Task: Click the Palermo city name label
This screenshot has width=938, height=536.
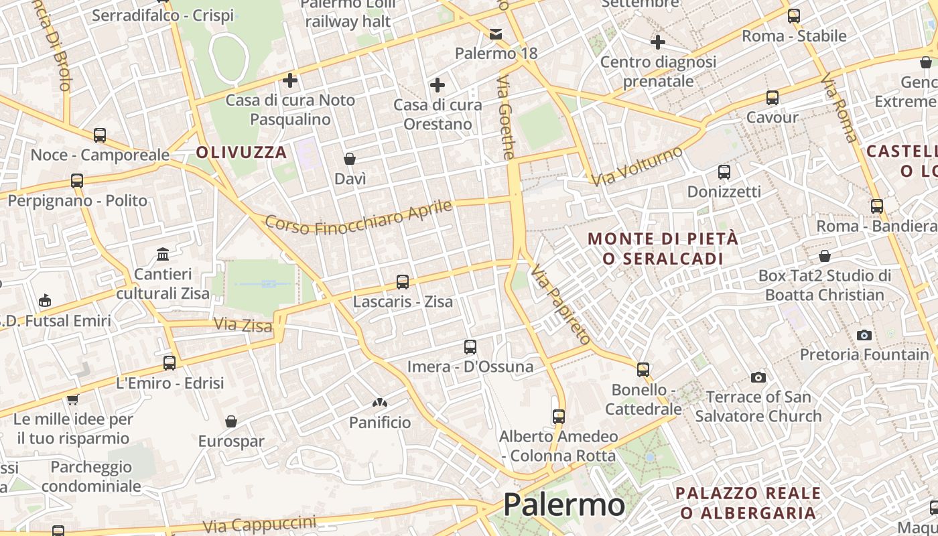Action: tap(563, 505)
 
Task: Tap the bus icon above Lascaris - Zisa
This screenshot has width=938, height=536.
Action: tap(403, 282)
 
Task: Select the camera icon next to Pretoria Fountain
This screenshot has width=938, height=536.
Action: tap(864, 335)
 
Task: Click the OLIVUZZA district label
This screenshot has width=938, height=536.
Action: tap(241, 153)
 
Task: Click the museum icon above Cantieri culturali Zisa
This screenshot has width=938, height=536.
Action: tap(162, 255)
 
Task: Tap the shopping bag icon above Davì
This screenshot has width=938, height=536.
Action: tap(350, 159)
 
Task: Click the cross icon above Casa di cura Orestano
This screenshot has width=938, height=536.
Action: tap(438, 85)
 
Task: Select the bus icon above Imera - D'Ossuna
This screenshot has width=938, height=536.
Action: tap(470, 347)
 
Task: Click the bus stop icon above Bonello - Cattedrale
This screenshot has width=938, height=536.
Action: tap(643, 369)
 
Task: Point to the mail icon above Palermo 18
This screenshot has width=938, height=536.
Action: tap(496, 34)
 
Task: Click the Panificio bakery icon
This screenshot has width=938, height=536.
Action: tap(380, 403)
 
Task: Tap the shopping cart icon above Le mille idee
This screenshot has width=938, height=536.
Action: tap(72, 400)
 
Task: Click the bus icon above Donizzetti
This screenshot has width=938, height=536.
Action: tap(724, 172)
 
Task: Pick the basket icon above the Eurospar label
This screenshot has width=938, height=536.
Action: tap(231, 421)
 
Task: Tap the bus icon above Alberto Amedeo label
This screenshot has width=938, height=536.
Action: tap(559, 417)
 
